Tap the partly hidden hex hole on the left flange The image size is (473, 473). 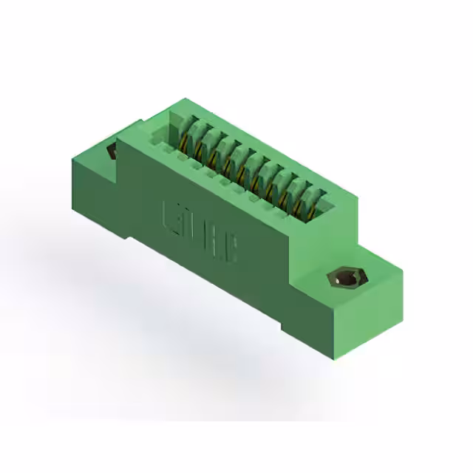click(x=112, y=152)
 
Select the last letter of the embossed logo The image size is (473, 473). click(x=228, y=251)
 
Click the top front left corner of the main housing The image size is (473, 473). click(x=118, y=139)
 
